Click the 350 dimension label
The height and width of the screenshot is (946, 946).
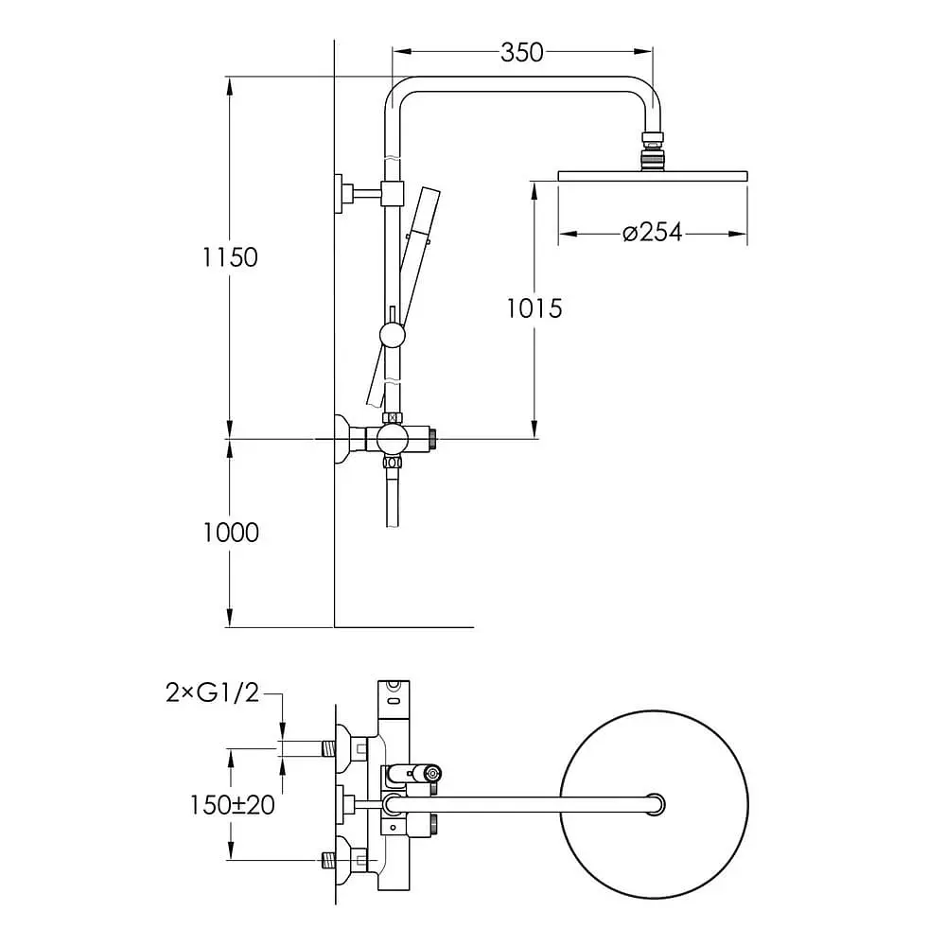tap(522, 52)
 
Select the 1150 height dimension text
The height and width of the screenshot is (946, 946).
tap(230, 257)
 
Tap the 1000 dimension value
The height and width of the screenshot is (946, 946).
tap(231, 533)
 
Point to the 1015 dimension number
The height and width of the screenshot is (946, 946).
tap(534, 309)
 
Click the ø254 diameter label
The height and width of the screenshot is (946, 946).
tap(652, 233)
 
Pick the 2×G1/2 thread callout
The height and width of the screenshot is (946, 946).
tap(212, 692)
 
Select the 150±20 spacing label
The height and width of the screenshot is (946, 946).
tap(233, 805)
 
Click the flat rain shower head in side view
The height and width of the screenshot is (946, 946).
tap(653, 176)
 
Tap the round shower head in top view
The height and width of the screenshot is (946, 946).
tap(654, 805)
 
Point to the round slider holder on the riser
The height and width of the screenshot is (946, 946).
tap(393, 336)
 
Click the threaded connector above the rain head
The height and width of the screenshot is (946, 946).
tap(652, 150)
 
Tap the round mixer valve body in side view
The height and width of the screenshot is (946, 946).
tap(393, 439)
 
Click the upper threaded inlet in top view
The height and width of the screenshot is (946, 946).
tap(329, 749)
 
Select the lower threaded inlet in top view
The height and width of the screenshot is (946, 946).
tap(329, 860)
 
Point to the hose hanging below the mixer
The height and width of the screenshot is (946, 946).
tap(393, 498)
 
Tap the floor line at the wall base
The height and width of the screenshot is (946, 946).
tap(404, 627)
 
